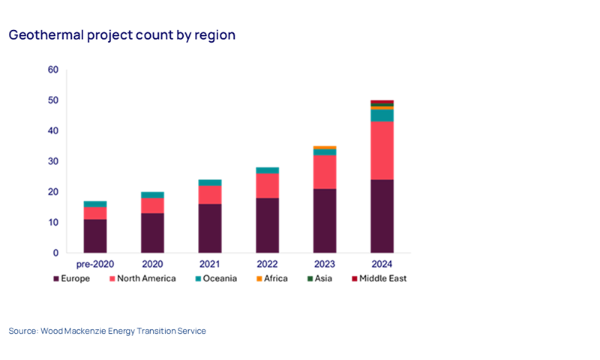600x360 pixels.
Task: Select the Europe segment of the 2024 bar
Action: pos(382,216)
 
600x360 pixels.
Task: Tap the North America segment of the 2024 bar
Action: pos(382,150)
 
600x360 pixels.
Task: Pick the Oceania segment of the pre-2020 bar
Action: pos(94,204)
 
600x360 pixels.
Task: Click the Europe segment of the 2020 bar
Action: pos(152,232)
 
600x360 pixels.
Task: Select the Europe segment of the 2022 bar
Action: pos(267,225)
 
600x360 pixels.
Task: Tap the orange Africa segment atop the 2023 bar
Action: pos(325,148)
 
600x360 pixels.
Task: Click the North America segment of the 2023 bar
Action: pos(325,172)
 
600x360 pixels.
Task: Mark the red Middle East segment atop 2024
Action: pos(382,102)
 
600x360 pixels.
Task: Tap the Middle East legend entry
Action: pos(382,278)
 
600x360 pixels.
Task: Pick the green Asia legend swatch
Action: pos(308,279)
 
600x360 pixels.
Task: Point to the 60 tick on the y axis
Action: pos(52,70)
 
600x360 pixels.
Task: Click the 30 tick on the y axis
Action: pos(52,161)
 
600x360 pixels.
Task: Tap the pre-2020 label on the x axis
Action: pos(94,265)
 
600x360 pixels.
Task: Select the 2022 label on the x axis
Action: pos(267,265)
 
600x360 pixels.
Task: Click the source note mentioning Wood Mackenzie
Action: pos(107,331)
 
